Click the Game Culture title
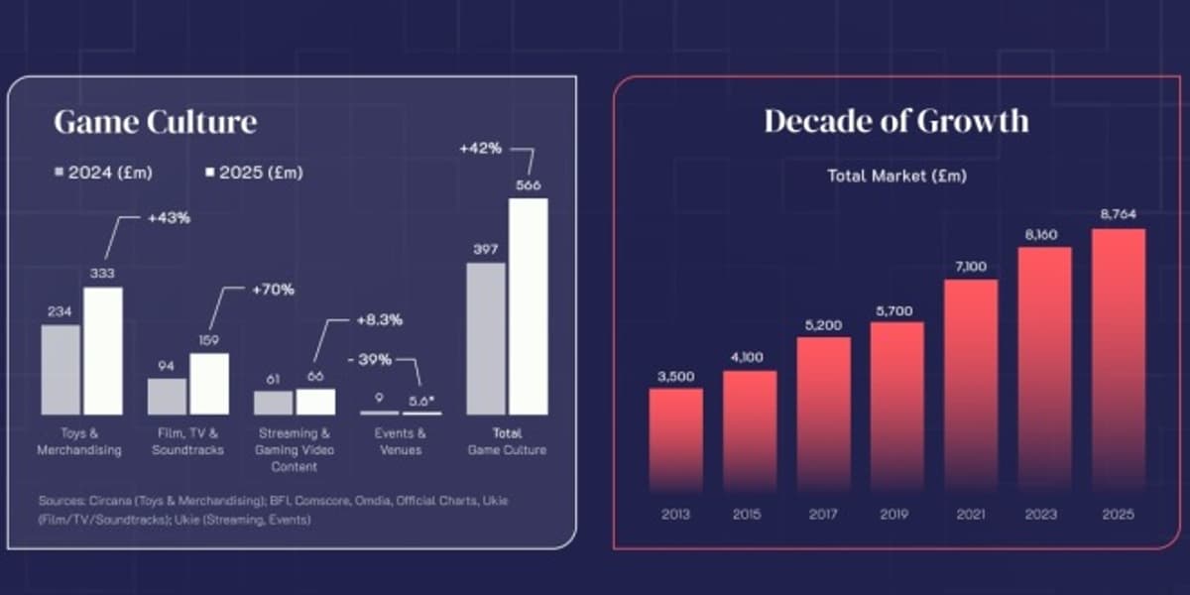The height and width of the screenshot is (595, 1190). [x=155, y=122]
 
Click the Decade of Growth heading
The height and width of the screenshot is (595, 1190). [x=895, y=121]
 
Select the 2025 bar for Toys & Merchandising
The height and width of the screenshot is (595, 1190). [x=103, y=351]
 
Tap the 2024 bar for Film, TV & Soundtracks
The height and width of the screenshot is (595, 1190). [x=167, y=397]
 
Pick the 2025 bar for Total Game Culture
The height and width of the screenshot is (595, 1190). [x=528, y=306]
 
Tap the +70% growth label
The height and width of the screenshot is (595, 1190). [x=273, y=291]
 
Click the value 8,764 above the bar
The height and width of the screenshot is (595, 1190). [x=1119, y=212]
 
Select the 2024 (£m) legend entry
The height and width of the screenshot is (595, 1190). [x=103, y=173]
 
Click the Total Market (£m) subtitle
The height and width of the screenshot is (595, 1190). [x=896, y=176]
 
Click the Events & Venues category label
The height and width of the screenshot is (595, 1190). [x=401, y=441]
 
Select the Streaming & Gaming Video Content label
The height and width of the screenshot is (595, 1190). [x=296, y=449]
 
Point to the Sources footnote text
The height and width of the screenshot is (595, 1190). [x=274, y=510]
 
